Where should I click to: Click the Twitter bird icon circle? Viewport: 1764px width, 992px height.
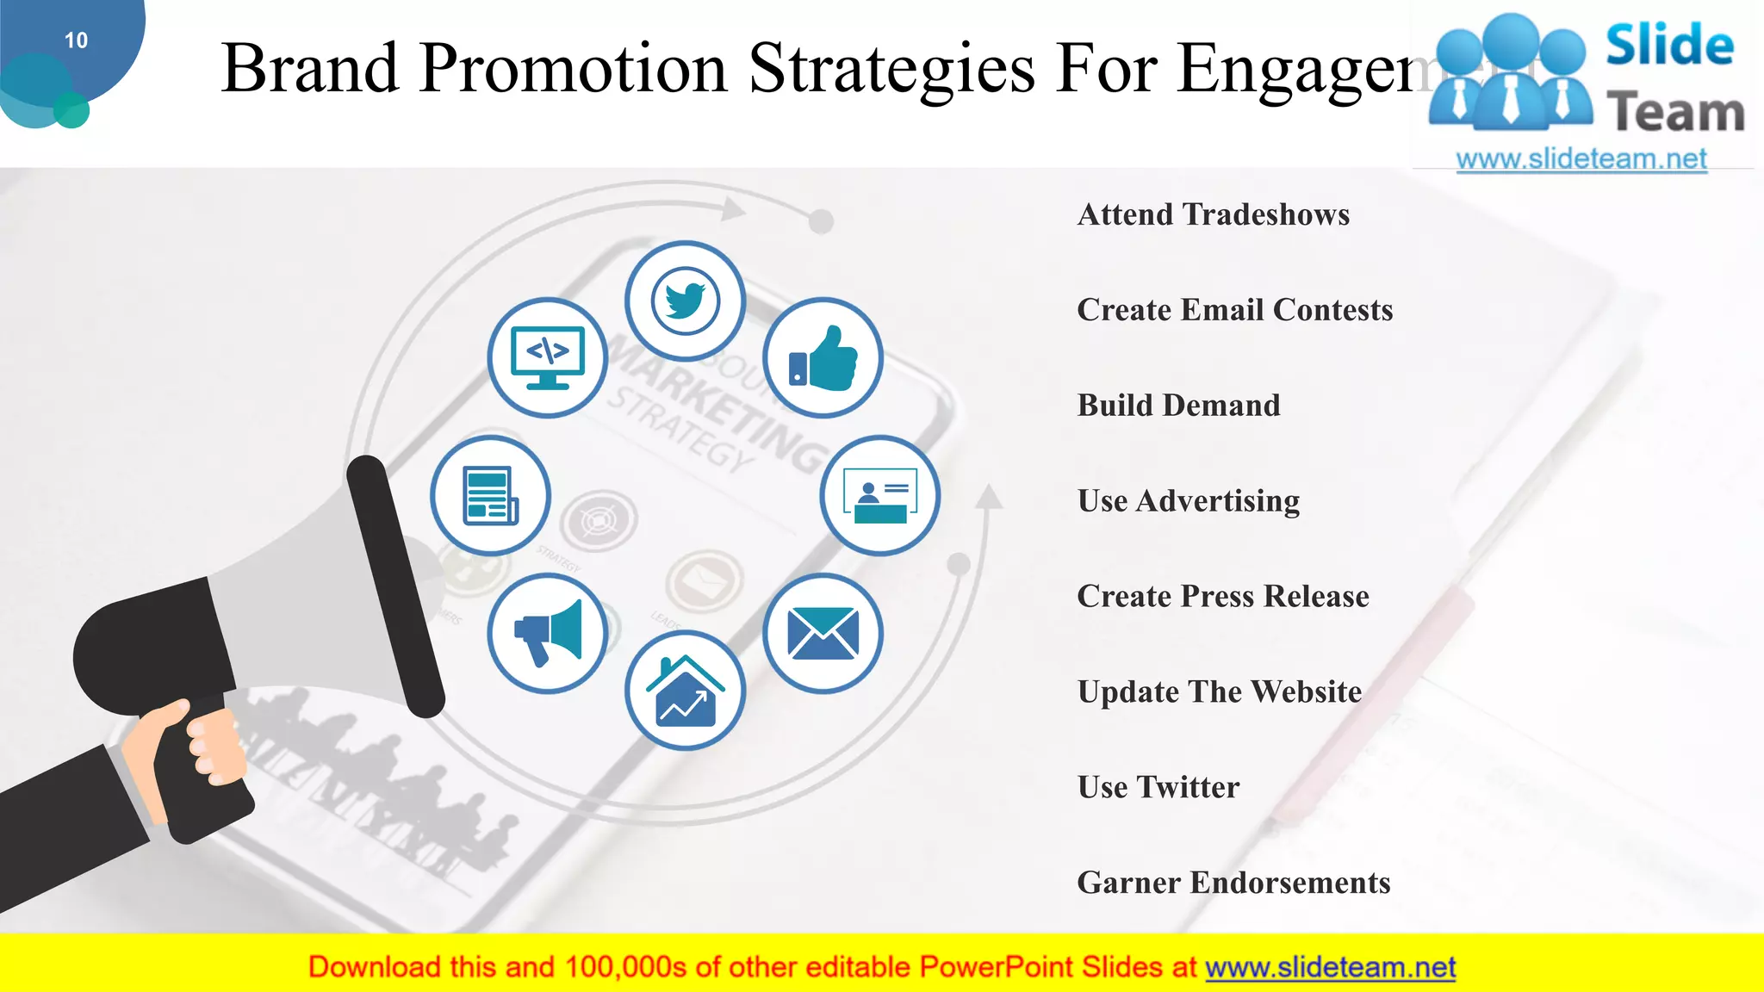(685, 301)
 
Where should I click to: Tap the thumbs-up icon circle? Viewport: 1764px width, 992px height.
(823, 358)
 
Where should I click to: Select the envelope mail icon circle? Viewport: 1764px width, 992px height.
(823, 634)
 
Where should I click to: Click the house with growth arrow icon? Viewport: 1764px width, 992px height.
(685, 691)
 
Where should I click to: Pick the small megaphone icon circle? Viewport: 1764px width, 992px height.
(548, 634)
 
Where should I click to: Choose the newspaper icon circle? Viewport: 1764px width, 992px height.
(490, 495)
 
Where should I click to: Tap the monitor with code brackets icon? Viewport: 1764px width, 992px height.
(548, 358)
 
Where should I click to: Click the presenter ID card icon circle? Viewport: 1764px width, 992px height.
(879, 495)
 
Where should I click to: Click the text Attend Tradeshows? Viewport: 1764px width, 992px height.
(1213, 214)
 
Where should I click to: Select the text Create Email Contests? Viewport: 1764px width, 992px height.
(1234, 310)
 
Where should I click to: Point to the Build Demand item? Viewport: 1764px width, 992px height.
(1178, 406)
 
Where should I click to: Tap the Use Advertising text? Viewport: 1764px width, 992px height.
(1188, 501)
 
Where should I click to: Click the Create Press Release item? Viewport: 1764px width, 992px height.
(1222, 597)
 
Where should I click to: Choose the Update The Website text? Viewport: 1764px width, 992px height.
(1219, 692)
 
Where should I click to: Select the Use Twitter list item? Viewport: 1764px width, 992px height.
(1158, 788)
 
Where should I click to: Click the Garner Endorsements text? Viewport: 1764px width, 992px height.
(1233, 883)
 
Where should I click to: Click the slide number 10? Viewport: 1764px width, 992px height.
(76, 40)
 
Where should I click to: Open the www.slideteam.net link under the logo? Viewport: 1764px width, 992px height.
(1581, 159)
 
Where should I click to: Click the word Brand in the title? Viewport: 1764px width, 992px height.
(310, 69)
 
